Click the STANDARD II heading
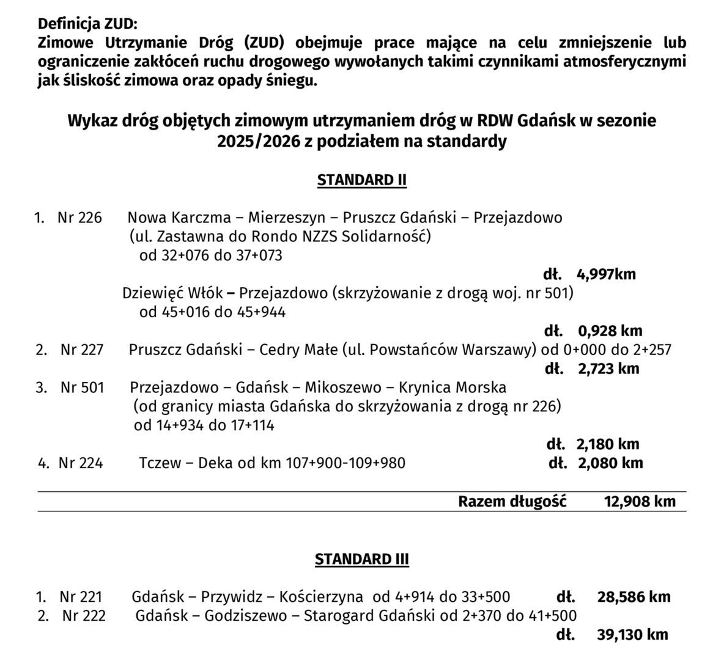pyautogui.click(x=362, y=180)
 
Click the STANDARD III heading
pyautogui.click(x=362, y=559)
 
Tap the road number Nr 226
pyautogui.click(x=79, y=218)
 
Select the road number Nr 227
pyautogui.click(x=82, y=350)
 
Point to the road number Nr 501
pyautogui.click(x=82, y=387)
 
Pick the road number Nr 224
pyautogui.click(x=81, y=463)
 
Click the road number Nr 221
pyautogui.click(x=81, y=597)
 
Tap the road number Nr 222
pyautogui.click(x=84, y=615)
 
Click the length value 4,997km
pyautogui.click(x=606, y=274)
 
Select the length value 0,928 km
pyautogui.click(x=610, y=331)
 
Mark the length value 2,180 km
pyautogui.click(x=608, y=444)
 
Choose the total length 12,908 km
pyautogui.click(x=640, y=502)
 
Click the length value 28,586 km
pyautogui.click(x=634, y=597)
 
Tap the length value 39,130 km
pyautogui.click(x=632, y=635)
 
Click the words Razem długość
pyautogui.click(x=512, y=502)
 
